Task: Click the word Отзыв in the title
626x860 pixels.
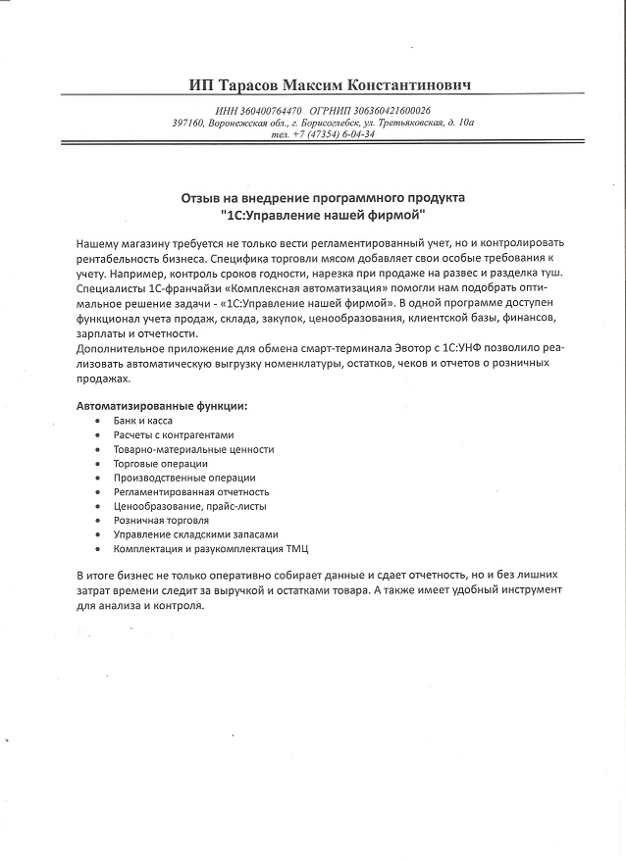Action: coord(201,197)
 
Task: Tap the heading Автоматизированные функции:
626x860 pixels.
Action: coord(162,406)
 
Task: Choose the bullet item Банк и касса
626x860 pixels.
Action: coord(143,421)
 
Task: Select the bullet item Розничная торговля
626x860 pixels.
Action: coord(161,520)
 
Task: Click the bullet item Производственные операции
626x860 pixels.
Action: coord(172,478)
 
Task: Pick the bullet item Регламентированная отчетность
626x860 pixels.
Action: coord(190,491)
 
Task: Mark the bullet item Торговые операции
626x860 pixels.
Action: coord(161,463)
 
